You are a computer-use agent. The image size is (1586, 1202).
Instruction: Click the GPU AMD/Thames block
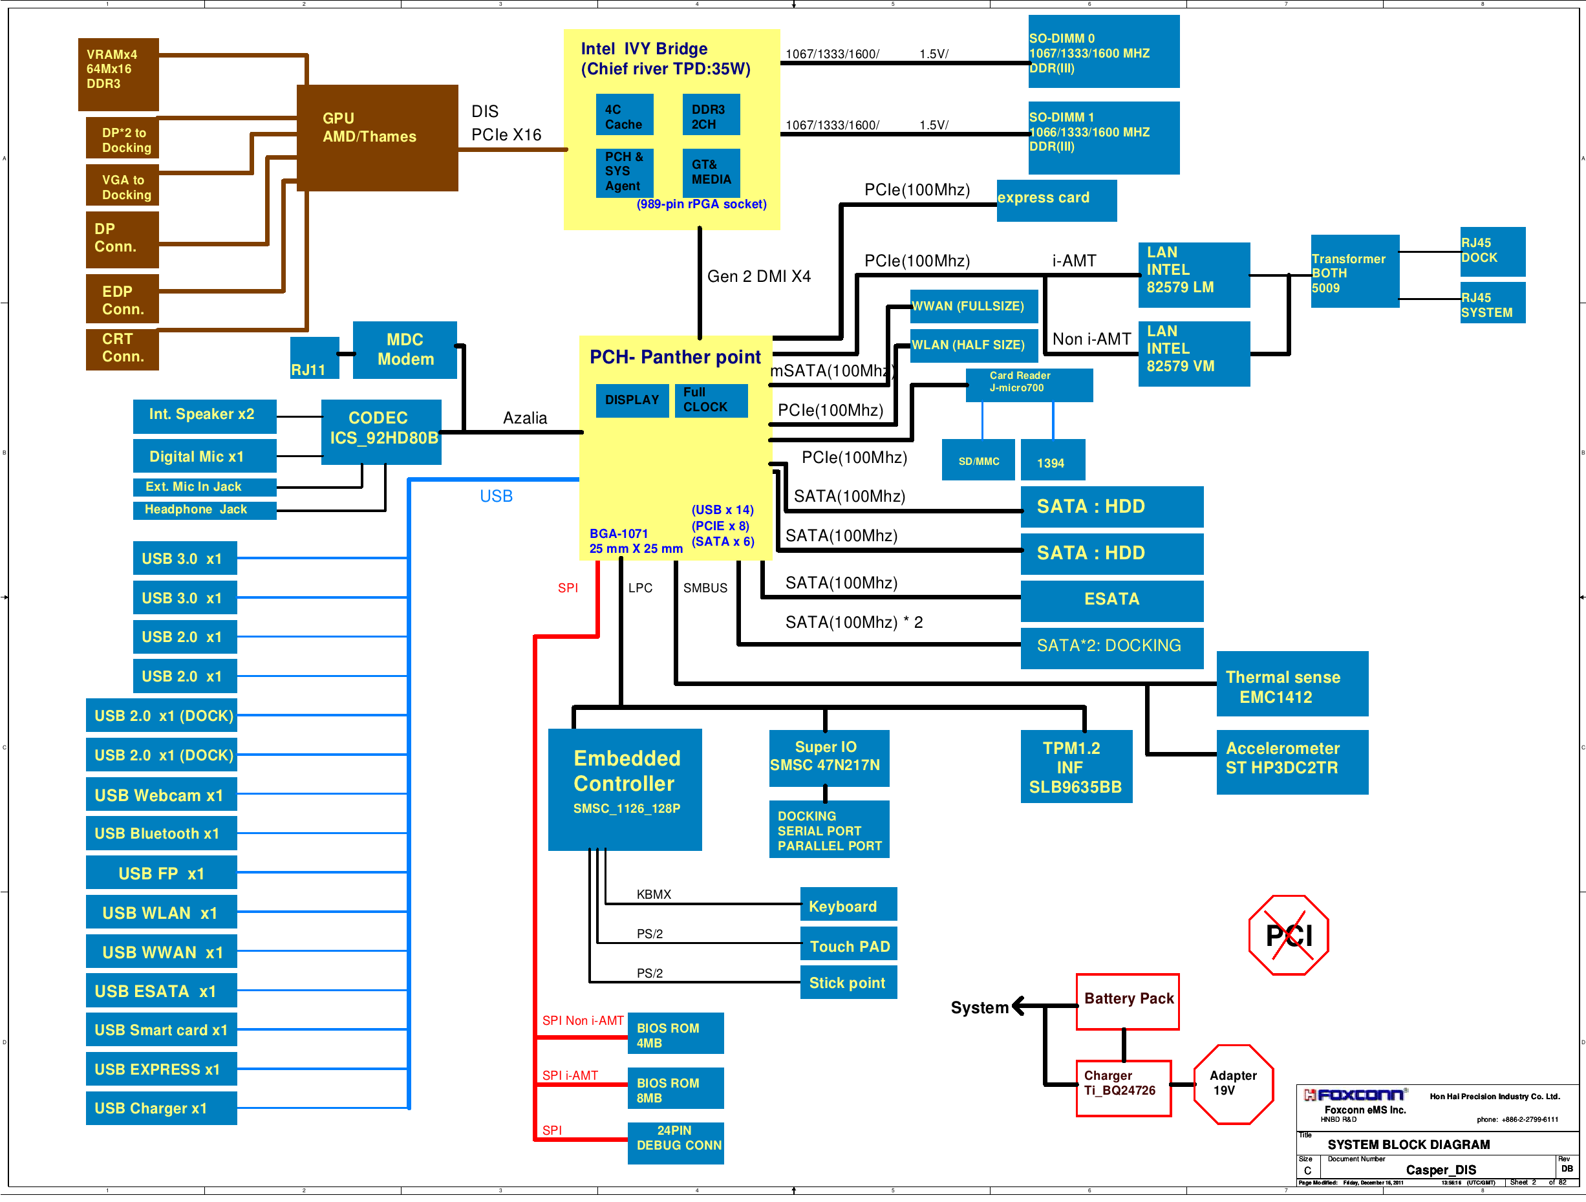(x=377, y=138)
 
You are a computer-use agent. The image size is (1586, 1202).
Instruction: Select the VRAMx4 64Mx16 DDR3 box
(x=118, y=74)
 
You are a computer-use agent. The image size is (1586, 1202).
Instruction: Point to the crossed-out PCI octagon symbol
(x=1288, y=934)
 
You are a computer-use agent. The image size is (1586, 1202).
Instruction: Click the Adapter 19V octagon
(x=1233, y=1084)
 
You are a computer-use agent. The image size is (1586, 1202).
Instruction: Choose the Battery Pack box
(x=1127, y=1000)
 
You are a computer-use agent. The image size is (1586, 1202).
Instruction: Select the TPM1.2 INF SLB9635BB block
(x=1075, y=767)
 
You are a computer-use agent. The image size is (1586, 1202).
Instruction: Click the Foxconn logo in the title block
(x=1354, y=1095)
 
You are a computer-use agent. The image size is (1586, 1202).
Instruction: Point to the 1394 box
(x=1052, y=460)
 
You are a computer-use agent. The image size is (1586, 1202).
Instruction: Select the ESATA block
(x=1111, y=599)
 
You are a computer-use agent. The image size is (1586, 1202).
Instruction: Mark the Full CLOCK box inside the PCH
(x=710, y=400)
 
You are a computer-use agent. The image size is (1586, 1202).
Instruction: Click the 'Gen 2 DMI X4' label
(x=758, y=277)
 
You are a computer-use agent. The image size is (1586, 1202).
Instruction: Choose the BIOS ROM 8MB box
(x=675, y=1089)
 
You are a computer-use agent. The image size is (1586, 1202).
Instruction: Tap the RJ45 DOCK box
(x=1492, y=251)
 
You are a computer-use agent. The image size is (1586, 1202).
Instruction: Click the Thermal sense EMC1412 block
(x=1291, y=684)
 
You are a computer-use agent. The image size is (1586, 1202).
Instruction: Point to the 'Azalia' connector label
(x=525, y=418)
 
